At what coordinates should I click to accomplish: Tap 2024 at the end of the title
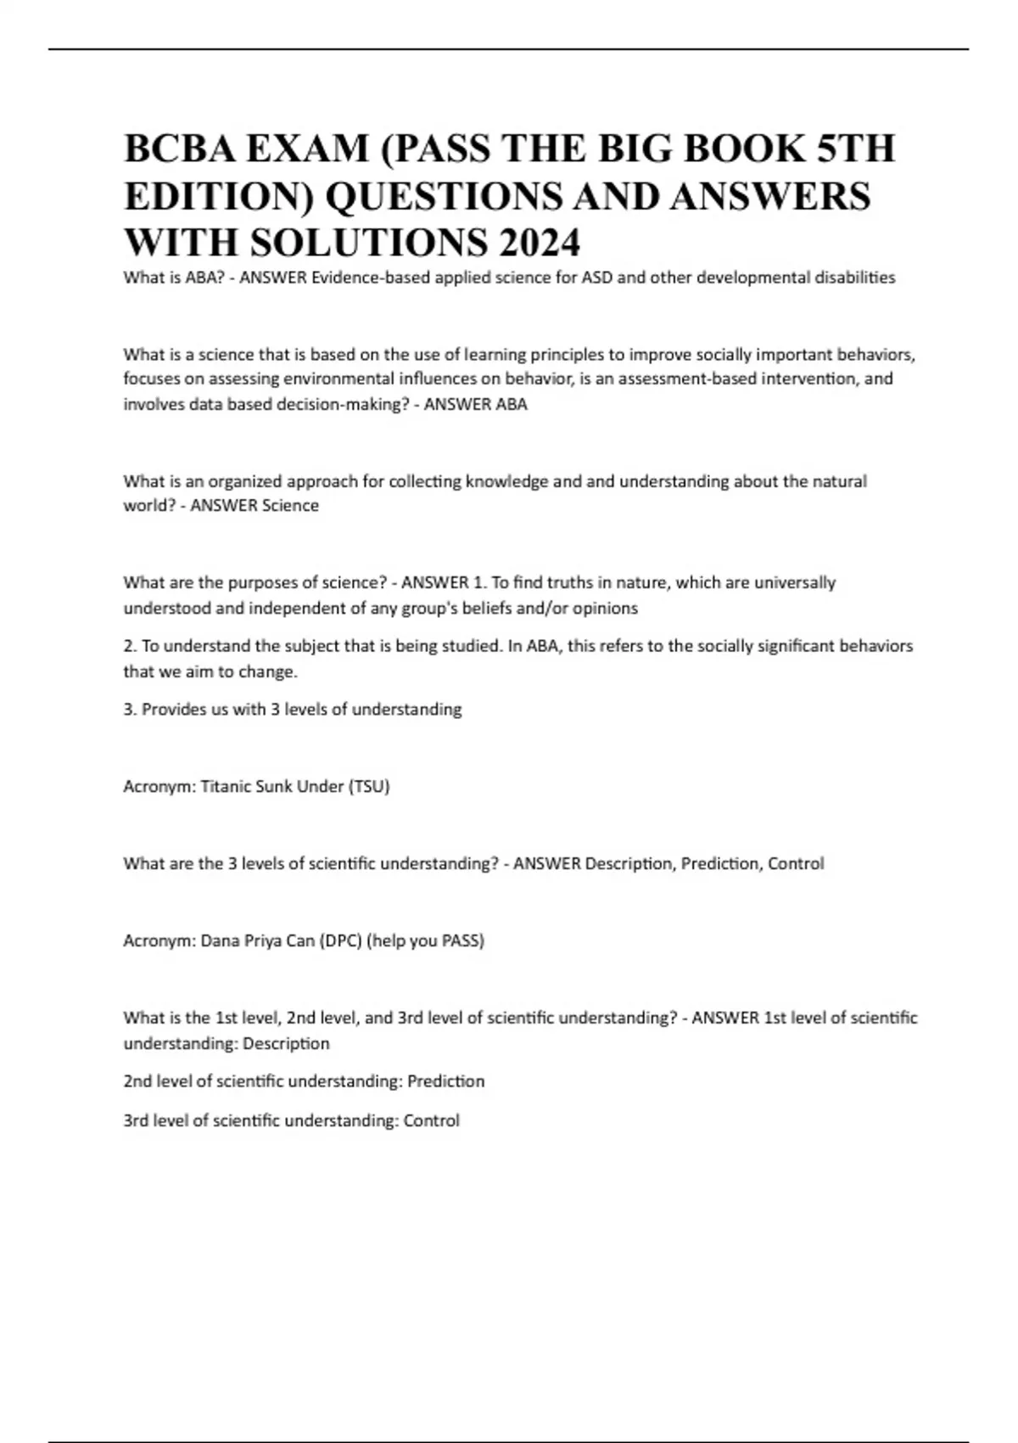click(539, 243)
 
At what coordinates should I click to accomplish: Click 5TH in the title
click(855, 149)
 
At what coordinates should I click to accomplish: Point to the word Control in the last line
click(432, 1120)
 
